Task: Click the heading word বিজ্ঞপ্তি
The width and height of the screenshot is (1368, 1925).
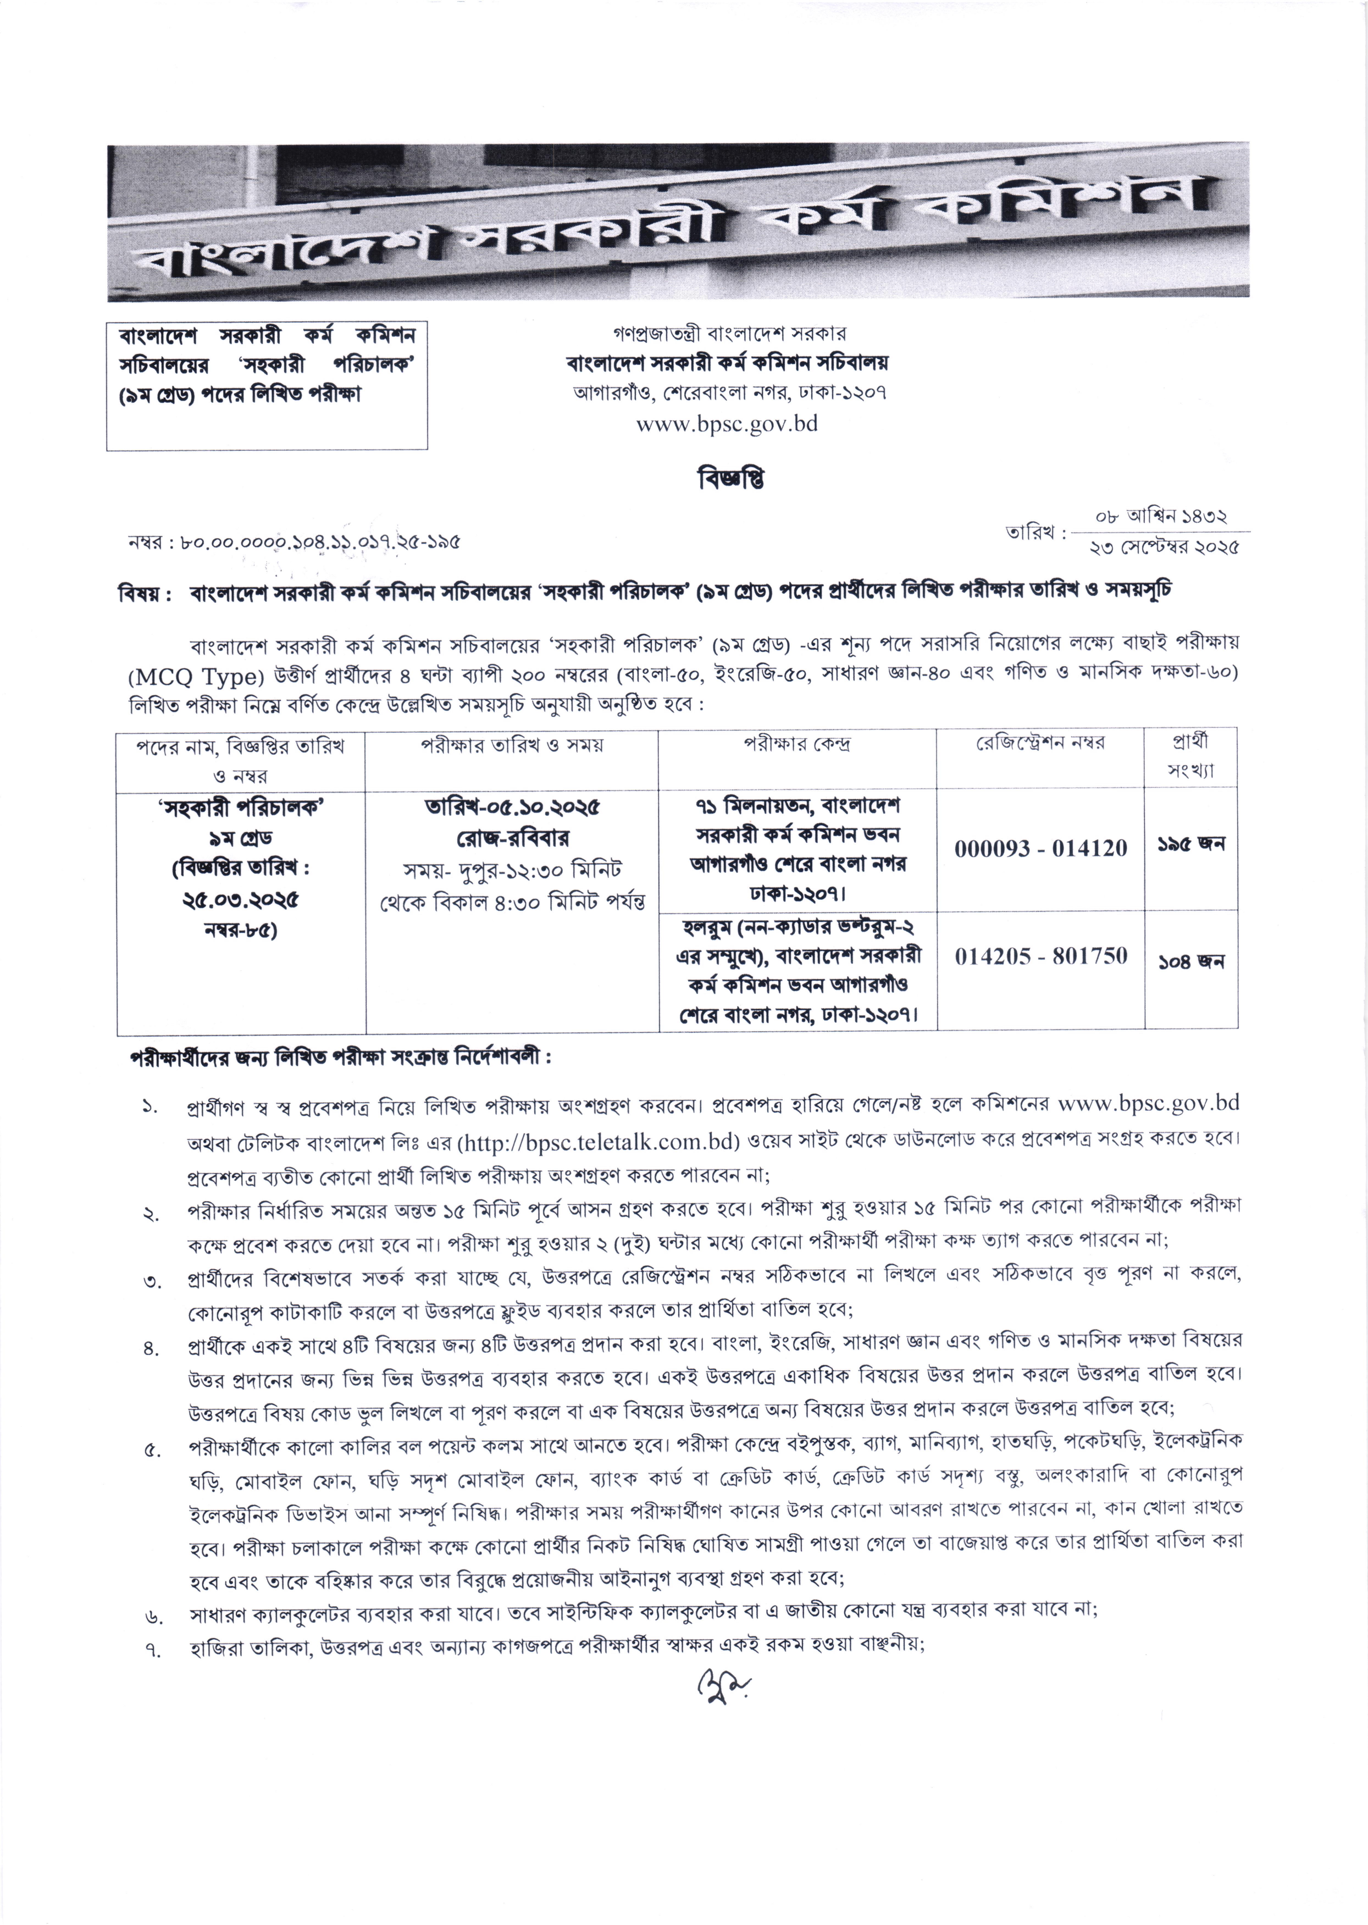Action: pos(730,479)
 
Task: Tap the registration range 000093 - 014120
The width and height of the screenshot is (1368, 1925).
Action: pos(1040,848)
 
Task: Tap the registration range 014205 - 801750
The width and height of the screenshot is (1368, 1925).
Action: pos(1040,956)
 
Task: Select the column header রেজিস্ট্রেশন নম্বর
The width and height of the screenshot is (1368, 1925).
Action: pos(1040,743)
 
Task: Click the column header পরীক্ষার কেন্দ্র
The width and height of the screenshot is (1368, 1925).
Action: pos(797,744)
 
